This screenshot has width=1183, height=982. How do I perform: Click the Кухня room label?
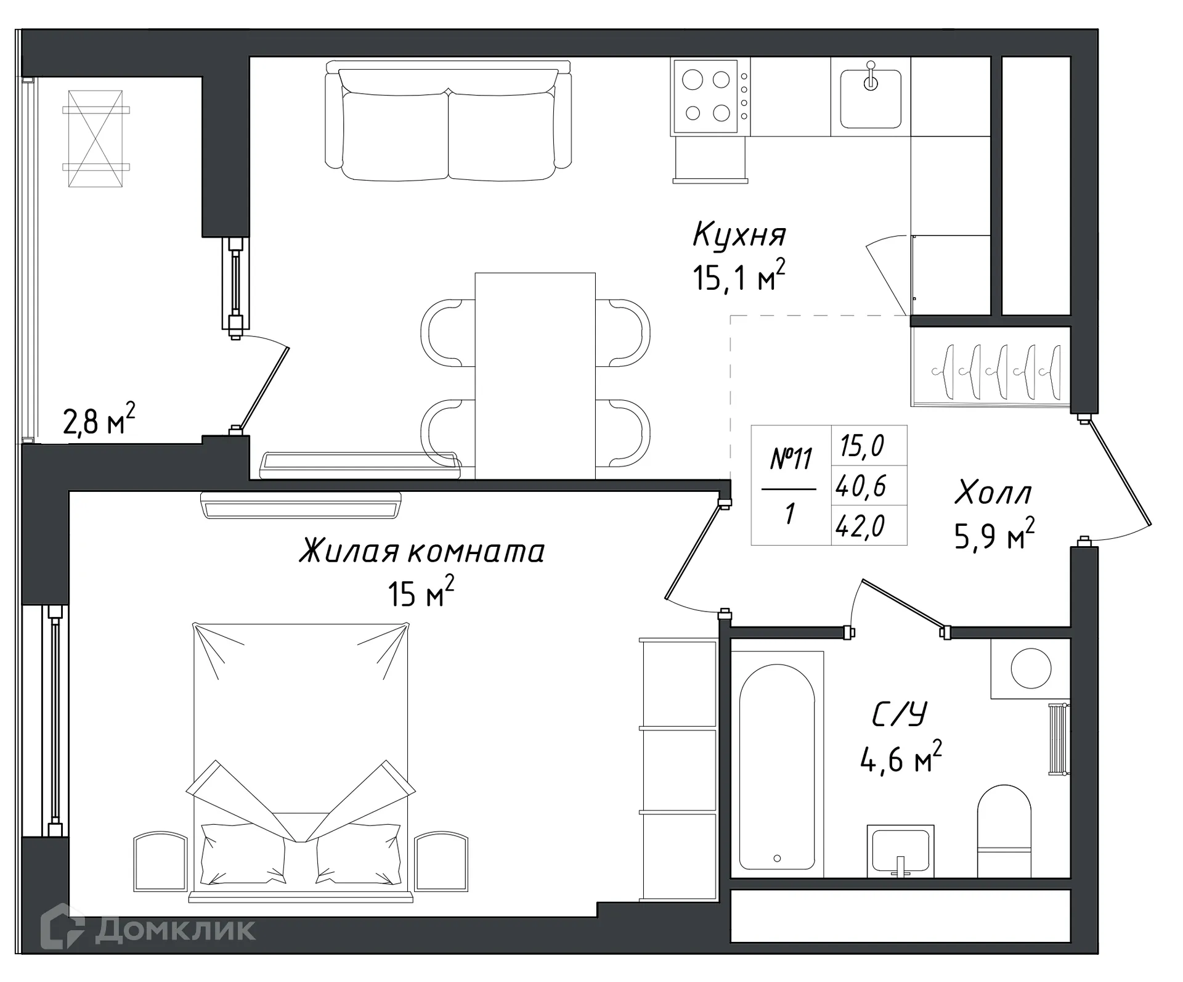tap(739, 235)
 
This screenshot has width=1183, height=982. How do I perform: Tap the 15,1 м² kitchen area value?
tap(739, 278)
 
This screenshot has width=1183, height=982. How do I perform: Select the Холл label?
tap(993, 493)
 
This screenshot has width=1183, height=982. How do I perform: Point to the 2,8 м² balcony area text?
tap(99, 421)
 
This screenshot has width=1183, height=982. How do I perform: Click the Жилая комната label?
tap(422, 551)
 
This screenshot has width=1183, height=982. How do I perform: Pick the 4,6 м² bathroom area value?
tap(900, 759)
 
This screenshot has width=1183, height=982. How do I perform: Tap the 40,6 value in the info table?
tap(861, 486)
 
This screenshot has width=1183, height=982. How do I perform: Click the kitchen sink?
tap(871, 99)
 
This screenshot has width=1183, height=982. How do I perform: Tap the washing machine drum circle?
tap(1031, 668)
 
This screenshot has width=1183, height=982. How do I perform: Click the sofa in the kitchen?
tap(448, 123)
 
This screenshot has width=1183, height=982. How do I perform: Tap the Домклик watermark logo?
tap(148, 929)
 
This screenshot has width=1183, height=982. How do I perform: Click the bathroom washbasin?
tap(900, 850)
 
